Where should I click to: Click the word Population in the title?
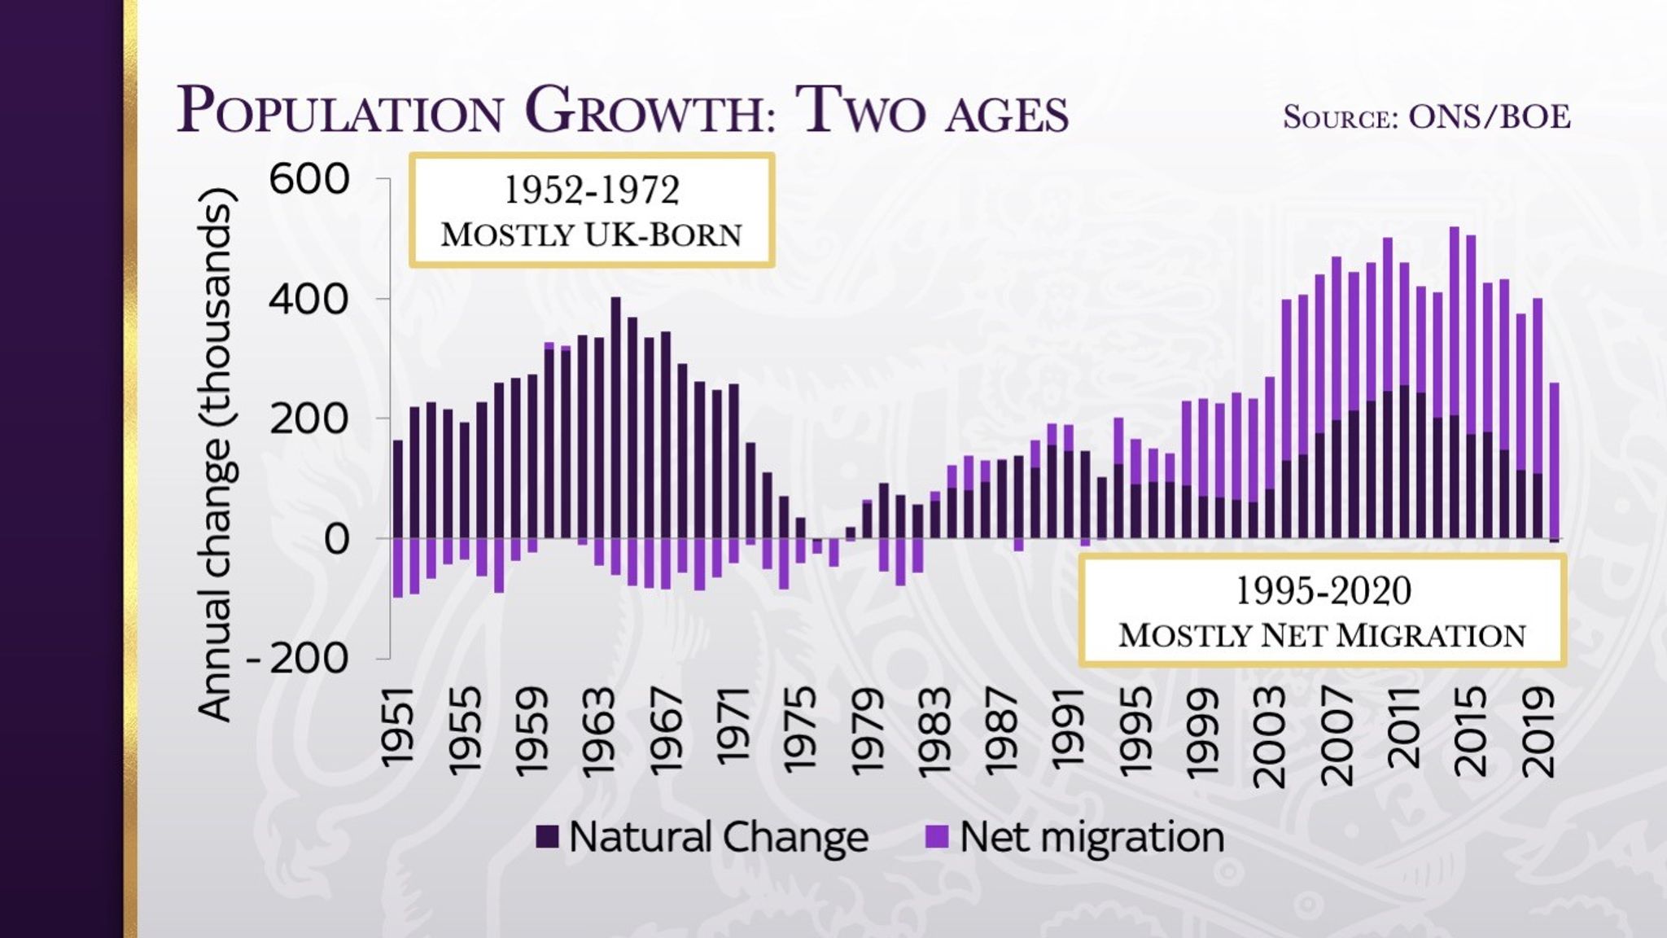tap(340, 110)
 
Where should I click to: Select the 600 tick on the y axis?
tap(309, 179)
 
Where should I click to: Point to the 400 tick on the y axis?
tap(309, 300)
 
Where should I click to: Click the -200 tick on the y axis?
tap(298, 659)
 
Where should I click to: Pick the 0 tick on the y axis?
tap(336, 539)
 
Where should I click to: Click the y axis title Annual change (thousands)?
tap(217, 454)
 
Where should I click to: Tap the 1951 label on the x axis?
tap(398, 727)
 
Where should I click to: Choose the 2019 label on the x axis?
tap(1537, 732)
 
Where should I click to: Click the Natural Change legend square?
tap(547, 837)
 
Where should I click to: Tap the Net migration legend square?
tap(938, 837)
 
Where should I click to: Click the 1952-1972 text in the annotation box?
tap(592, 191)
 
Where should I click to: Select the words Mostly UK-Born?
tap(592, 234)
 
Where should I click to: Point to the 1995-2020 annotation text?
tap(1323, 590)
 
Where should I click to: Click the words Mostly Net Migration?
tap(1322, 636)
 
